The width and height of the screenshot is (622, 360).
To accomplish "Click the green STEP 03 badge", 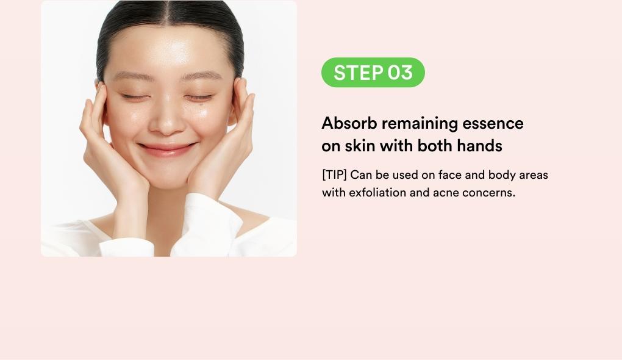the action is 373,72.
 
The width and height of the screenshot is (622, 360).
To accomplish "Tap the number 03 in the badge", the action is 400,73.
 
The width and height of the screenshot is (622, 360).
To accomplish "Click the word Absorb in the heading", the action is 349,123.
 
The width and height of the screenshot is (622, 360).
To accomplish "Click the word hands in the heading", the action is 479,146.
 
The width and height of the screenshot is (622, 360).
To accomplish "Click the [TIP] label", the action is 334,175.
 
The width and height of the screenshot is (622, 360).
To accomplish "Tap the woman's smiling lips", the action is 167,149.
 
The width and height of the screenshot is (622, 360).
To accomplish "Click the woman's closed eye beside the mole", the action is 199,97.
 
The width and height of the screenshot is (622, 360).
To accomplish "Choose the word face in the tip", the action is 450,175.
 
